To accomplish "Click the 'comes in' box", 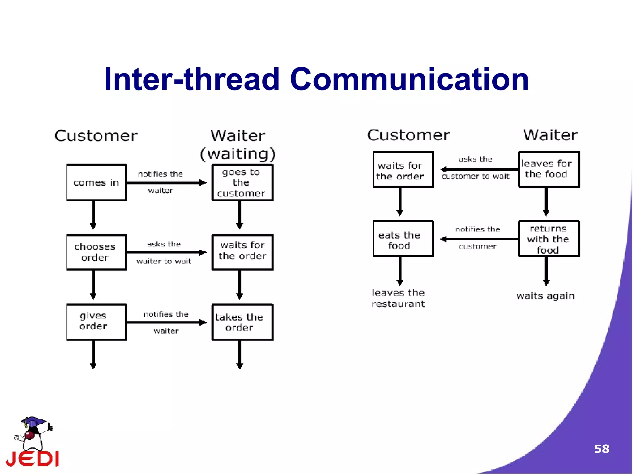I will tap(96, 182).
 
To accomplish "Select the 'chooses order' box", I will tap(96, 252).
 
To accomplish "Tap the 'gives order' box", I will tap(96, 322).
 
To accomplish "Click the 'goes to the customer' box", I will tap(242, 182).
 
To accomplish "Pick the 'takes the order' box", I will tap(242, 322).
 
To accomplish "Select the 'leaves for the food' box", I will tap(549, 169).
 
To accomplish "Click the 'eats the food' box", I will tap(403, 239).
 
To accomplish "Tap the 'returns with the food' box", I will tap(549, 239).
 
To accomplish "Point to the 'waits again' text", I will tap(546, 296).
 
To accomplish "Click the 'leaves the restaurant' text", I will tap(398, 298).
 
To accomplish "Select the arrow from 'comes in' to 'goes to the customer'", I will tap(167, 183).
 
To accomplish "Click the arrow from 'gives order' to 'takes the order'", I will tap(167, 322).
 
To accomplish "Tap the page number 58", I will tap(601, 449).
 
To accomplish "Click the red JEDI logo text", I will tap(33, 459).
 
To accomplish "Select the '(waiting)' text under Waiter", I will tap(237, 154).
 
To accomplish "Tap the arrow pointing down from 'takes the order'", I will tap(240, 354).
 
